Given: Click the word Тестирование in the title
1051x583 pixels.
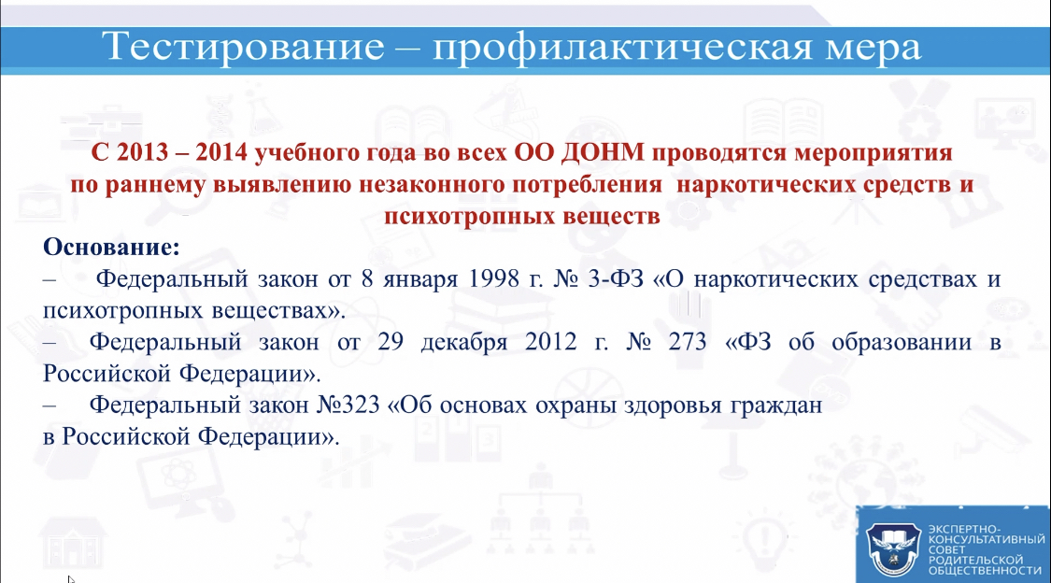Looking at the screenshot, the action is pos(243,47).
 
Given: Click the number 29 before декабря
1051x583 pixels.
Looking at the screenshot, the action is pos(391,342).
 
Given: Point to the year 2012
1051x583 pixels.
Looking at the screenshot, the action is pos(551,342).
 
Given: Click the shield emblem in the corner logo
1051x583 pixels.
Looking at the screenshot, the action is pos(893,549).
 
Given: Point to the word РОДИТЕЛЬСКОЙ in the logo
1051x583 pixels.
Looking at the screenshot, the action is pos(976,560).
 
